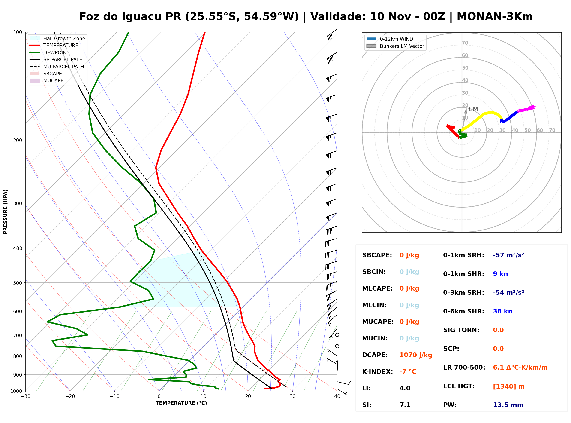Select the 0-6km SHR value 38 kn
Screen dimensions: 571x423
click(503, 311)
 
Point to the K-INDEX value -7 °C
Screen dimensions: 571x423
click(408, 372)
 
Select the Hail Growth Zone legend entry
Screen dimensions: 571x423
click(57, 38)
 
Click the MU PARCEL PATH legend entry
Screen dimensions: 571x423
click(57, 67)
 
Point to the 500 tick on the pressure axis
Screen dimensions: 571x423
click(18, 283)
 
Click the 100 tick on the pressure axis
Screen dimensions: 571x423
click(18, 32)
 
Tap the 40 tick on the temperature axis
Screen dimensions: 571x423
click(337, 396)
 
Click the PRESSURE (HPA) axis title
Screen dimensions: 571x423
click(5, 212)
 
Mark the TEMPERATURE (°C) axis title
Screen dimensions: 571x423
click(181, 403)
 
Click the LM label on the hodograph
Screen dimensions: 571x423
click(473, 109)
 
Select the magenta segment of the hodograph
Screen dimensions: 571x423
click(526, 109)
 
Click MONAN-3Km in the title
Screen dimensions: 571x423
click(495, 16)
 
